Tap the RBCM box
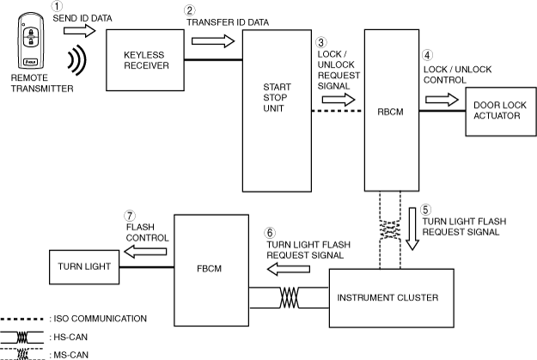(390, 109)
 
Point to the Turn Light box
(83, 266)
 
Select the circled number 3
(321, 41)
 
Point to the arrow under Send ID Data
(81, 32)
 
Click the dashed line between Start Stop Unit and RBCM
(335, 110)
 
